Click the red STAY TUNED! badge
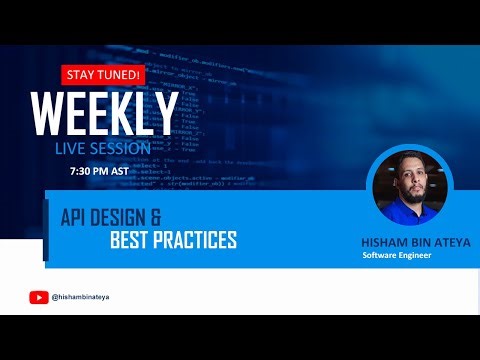tap(103, 75)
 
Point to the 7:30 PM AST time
tap(100, 171)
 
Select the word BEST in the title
tap(133, 241)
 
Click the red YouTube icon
tap(39, 296)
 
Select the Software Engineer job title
tap(398, 254)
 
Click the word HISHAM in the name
tap(381, 241)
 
